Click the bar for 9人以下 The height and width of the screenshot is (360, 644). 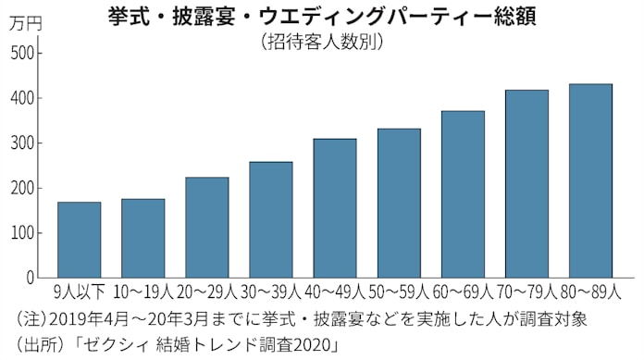pyautogui.click(x=79, y=240)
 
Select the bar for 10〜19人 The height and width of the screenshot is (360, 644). pyautogui.click(x=142, y=238)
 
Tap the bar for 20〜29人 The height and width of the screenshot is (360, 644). pyautogui.click(x=206, y=227)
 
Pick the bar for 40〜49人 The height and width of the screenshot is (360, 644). pyautogui.click(x=334, y=207)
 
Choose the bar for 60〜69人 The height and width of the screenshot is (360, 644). pyautogui.click(x=463, y=193)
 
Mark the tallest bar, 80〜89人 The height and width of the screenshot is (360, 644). pyautogui.click(x=590, y=180)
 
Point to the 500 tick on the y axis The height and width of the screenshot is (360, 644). pyautogui.click(x=22, y=53)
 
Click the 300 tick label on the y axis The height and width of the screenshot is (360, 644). pyautogui.click(x=22, y=143)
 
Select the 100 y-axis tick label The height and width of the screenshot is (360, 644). pyautogui.click(x=22, y=233)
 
